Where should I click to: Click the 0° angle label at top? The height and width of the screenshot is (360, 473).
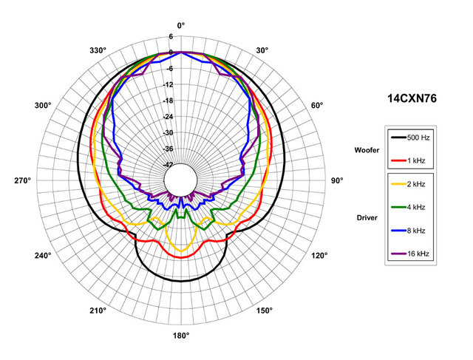pos(181,25)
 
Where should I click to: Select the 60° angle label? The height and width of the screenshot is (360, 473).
pos(316,106)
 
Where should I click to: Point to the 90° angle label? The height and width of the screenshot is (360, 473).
pos(337,181)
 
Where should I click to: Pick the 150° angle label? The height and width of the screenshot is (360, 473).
pos(264,310)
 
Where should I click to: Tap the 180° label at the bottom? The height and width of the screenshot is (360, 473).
pos(181,336)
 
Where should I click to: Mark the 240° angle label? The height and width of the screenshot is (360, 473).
pos(43,256)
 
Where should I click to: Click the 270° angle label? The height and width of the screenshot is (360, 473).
pos(24,181)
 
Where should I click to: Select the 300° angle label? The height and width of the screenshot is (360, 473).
pos(43,106)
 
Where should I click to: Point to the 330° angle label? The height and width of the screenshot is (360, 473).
pos(98,50)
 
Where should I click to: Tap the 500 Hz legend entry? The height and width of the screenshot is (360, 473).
pos(418,137)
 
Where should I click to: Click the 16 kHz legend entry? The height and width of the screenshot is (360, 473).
pos(418,254)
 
